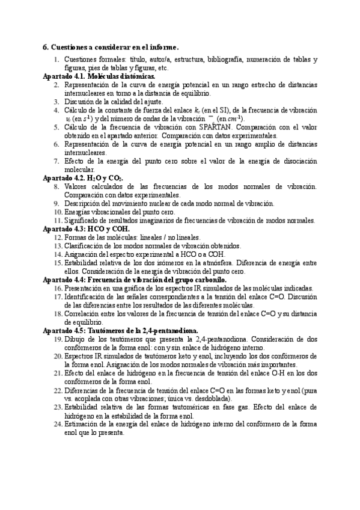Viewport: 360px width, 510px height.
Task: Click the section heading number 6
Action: (x=44, y=47)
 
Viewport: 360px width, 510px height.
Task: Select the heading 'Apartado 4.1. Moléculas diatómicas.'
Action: (x=99, y=78)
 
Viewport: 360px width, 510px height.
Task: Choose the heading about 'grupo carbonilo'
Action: (x=135, y=280)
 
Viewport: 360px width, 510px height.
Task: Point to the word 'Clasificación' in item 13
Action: (x=84, y=246)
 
